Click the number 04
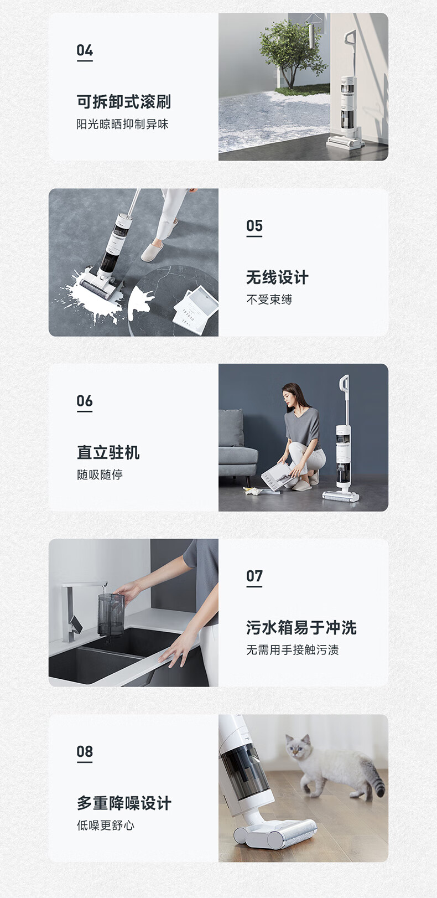pyautogui.click(x=85, y=50)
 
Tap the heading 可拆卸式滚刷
pyautogui.click(x=124, y=102)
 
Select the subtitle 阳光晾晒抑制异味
pyautogui.click(x=123, y=124)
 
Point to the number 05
pyautogui.click(x=254, y=226)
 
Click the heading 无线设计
pyautogui.click(x=277, y=277)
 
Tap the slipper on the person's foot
pyautogui.click(x=152, y=251)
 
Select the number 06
pyautogui.click(x=85, y=401)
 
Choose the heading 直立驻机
pyautogui.click(x=108, y=453)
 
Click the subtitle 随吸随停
pyautogui.click(x=100, y=474)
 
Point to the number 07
pyautogui.click(x=254, y=576)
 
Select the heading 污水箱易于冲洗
pyautogui.click(x=301, y=628)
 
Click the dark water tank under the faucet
pyautogui.click(x=111, y=615)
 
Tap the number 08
pyautogui.click(x=85, y=751)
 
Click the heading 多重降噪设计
pyautogui.click(x=124, y=803)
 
